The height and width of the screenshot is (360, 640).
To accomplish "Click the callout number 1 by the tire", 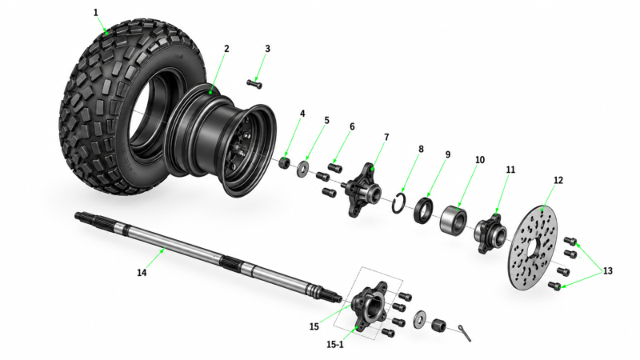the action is pyautogui.click(x=96, y=13).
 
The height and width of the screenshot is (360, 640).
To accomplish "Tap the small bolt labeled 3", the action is pyautogui.click(x=254, y=84).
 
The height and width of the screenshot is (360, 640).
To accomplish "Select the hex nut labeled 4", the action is pyautogui.click(x=285, y=163).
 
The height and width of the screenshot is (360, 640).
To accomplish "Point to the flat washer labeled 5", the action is pyautogui.click(x=303, y=169).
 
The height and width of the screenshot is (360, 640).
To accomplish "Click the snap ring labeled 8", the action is pyautogui.click(x=398, y=203).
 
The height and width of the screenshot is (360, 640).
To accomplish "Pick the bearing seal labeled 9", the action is pyautogui.click(x=423, y=210).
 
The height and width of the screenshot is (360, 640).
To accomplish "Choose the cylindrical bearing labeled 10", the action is pyautogui.click(x=454, y=219).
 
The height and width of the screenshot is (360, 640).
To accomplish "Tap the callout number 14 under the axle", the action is pyautogui.click(x=142, y=272).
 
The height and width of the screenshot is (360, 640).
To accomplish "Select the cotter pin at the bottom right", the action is pyautogui.click(x=464, y=333).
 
